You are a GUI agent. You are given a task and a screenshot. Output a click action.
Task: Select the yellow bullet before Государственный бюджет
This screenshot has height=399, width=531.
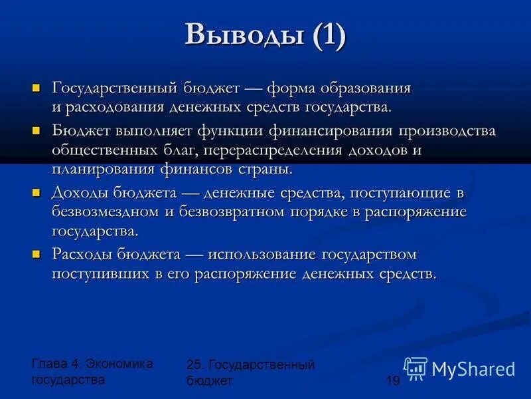point(37,88)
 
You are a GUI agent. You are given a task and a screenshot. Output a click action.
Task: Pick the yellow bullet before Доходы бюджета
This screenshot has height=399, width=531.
point(37,192)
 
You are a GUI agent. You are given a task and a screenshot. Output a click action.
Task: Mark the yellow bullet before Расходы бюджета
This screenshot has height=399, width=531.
point(37,254)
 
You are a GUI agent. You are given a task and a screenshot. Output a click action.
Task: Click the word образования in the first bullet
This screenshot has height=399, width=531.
point(365,88)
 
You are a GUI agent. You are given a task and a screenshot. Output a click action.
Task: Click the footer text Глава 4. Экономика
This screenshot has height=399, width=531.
point(92,364)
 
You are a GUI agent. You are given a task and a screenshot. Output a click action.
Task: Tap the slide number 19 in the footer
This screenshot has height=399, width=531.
point(392,380)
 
